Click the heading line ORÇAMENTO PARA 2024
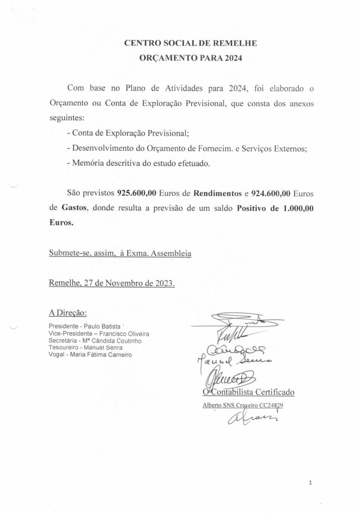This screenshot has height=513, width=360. click(x=190, y=58)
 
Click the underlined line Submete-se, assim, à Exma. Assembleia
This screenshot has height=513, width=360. click(x=120, y=254)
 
